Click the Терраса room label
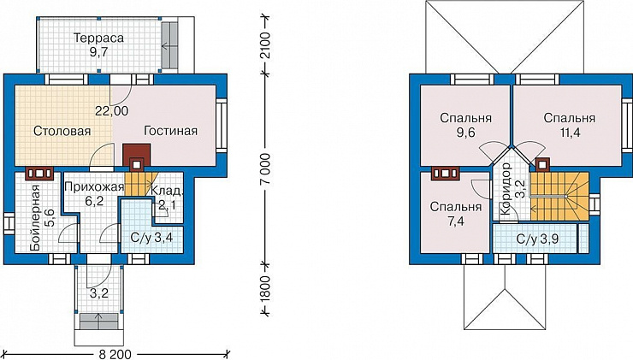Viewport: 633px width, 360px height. tap(98, 38)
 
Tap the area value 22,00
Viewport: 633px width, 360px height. tap(112, 110)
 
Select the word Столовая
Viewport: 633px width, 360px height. tap(62, 131)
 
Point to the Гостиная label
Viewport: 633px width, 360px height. tap(171, 131)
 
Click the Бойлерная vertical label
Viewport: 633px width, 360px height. tap(36, 218)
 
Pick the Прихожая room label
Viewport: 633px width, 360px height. tap(93, 187)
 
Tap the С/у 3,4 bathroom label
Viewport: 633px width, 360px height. tap(151, 238)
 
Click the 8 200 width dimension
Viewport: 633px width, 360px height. tap(115, 355)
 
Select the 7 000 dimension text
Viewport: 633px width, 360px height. tap(266, 169)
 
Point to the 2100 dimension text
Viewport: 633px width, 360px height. tap(266, 44)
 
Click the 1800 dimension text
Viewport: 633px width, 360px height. tap(265, 289)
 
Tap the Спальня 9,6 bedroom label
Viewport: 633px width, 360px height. tap(466, 125)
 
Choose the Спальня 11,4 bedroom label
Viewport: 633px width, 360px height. tap(569, 125)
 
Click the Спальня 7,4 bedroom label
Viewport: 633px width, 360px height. tap(456, 214)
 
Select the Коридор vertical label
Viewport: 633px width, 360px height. tap(506, 189)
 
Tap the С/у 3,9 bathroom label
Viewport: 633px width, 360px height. tap(537, 239)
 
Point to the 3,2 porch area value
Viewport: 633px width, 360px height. tap(99, 293)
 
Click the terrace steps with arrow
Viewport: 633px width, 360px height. tap(170, 46)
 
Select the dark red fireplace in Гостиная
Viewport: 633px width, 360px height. tap(137, 157)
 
